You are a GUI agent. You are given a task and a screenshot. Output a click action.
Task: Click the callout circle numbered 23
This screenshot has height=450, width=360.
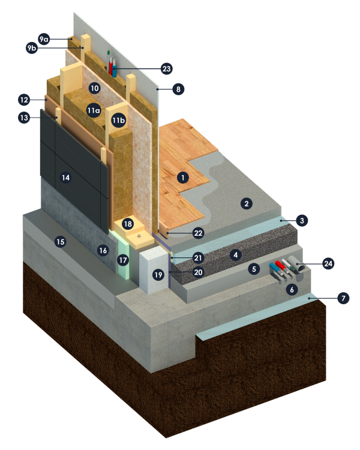[x=167, y=69]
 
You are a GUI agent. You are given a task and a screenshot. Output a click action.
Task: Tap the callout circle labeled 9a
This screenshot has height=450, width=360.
[x=44, y=39]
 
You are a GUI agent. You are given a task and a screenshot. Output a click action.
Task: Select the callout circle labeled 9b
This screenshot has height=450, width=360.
[x=32, y=48]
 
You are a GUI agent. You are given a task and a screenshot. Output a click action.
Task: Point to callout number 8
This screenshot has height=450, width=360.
[x=178, y=89]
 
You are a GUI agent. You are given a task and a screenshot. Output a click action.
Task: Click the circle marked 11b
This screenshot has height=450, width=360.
[x=119, y=120]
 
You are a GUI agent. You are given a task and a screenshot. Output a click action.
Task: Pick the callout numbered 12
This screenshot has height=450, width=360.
[x=24, y=100]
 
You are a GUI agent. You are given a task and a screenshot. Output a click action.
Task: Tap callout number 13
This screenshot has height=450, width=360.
[x=24, y=118]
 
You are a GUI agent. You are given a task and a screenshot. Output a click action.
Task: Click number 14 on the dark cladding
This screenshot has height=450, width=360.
[x=66, y=178]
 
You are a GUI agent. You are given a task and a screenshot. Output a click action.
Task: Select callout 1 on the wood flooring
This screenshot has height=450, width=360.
[x=183, y=178]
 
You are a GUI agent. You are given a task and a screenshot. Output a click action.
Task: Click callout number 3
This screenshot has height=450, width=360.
[x=302, y=221]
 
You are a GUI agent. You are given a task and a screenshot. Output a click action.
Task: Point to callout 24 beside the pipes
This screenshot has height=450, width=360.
[x=328, y=263]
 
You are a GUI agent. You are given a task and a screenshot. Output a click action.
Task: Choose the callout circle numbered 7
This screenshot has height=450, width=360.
[x=343, y=298]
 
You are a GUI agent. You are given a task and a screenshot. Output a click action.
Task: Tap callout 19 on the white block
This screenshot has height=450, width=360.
[x=158, y=275]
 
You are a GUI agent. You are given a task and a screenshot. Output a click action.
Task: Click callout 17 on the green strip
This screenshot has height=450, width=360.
[x=123, y=260]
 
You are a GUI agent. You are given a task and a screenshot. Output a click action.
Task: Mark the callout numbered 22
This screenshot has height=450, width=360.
[x=199, y=233]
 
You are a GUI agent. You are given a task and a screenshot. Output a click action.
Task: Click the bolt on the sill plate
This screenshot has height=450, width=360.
[x=139, y=236]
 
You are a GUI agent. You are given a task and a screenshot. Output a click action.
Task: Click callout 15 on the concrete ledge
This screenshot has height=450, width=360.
[x=60, y=242]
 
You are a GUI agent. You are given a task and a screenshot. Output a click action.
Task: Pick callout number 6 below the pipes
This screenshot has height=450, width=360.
[x=292, y=290]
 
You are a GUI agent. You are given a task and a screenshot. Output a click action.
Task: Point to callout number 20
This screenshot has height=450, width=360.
[x=199, y=272]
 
